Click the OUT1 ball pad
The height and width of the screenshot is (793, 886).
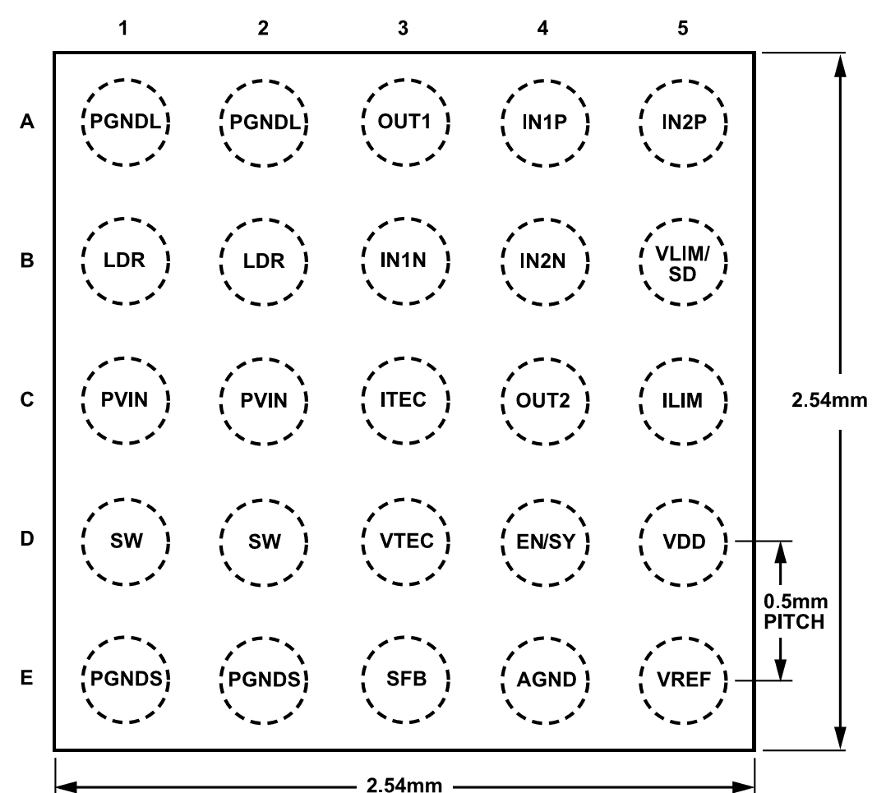coord(405,122)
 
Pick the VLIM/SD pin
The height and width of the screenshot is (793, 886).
coord(684,262)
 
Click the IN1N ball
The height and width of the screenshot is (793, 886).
coord(405,261)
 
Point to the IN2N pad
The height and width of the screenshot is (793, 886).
coord(545,262)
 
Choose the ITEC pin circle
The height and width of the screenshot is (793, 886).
coord(405,400)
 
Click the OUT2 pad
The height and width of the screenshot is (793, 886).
coord(545,401)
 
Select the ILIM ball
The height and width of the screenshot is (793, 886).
coord(684,401)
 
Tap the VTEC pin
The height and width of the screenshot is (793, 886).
coord(405,542)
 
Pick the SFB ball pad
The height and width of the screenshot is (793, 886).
coord(405,680)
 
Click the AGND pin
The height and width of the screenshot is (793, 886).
coord(545,680)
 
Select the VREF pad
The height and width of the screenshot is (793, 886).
coord(684,680)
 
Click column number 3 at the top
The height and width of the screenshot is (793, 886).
coord(403,28)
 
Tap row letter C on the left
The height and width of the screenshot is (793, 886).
coord(27,400)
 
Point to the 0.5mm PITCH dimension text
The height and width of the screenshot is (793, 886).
coord(795,611)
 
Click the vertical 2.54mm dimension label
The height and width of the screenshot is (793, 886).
coord(829,400)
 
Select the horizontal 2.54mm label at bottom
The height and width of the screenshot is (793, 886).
coord(404,785)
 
